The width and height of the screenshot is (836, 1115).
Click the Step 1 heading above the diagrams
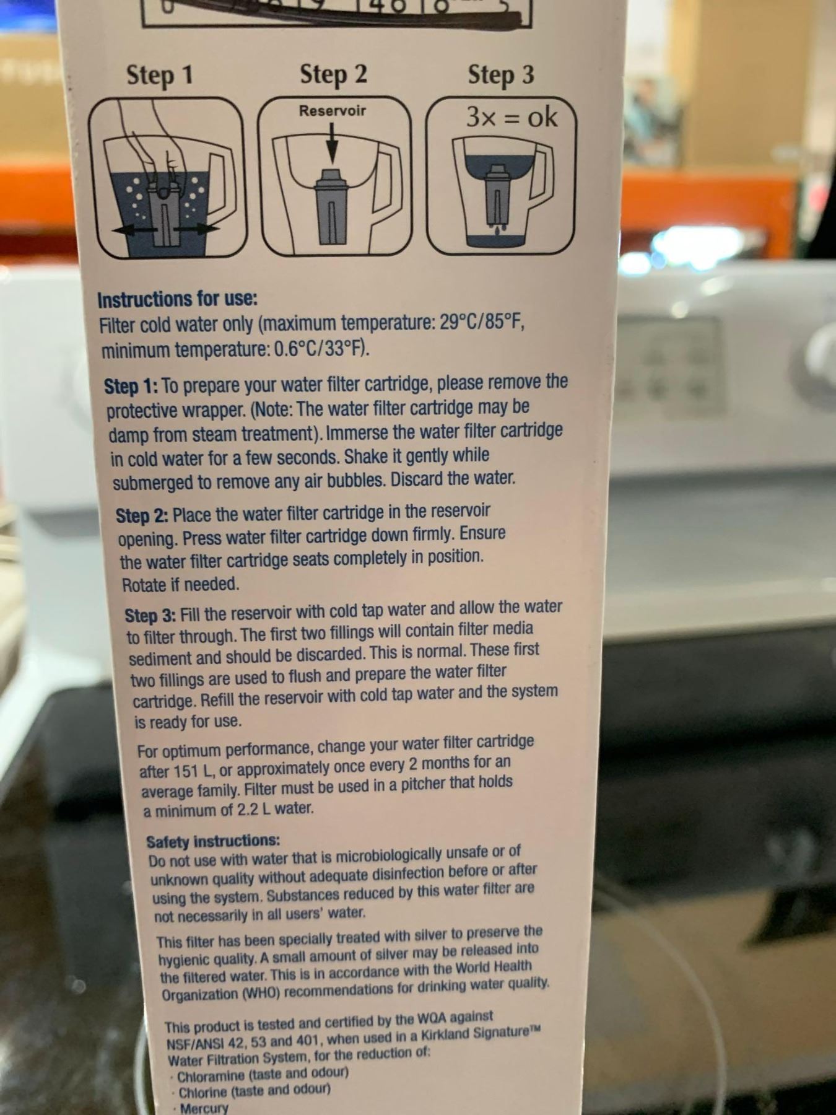tap(160, 76)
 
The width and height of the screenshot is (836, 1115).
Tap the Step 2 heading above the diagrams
tap(334, 74)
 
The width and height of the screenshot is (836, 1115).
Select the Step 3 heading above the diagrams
tap(501, 75)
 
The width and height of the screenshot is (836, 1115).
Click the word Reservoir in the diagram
tap(333, 111)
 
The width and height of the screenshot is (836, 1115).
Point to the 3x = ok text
tap(512, 116)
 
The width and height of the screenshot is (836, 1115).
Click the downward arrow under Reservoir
tap(333, 144)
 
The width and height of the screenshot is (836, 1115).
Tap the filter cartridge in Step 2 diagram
tap(332, 206)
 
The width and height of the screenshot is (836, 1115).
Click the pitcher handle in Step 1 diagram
tap(221, 183)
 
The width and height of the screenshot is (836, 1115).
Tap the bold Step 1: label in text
tap(131, 386)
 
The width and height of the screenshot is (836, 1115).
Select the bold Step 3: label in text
tap(150, 615)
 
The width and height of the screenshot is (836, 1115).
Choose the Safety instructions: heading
tap(213, 841)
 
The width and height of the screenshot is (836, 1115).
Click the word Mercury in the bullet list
tap(204, 1108)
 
